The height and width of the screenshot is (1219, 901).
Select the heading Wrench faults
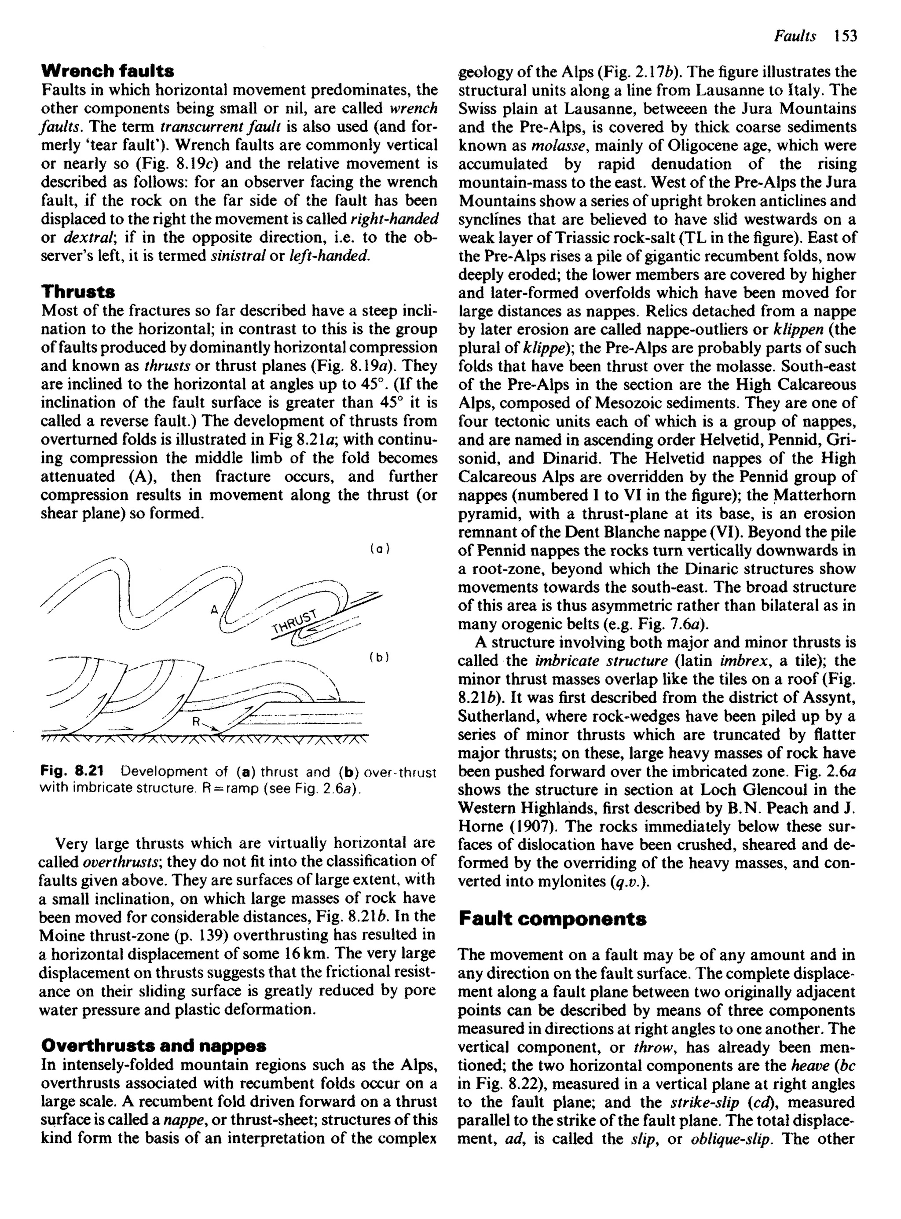[107, 71]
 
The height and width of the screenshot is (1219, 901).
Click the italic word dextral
[86, 237]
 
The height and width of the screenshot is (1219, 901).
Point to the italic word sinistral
[236, 256]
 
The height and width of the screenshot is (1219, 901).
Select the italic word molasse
[558, 146]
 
